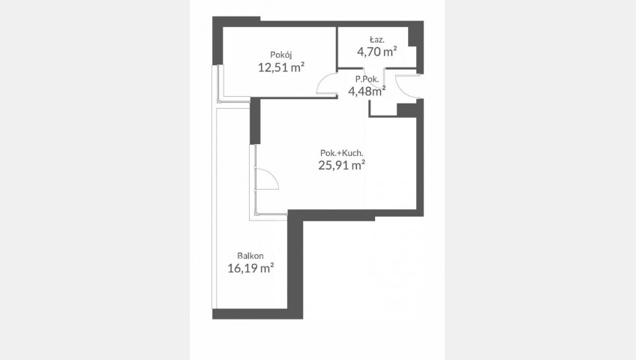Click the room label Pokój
point(281,55)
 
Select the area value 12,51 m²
point(281,67)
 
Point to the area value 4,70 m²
point(376,52)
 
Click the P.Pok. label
point(367,79)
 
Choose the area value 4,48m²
point(367,91)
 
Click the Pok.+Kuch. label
point(341,153)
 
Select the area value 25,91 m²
point(341,165)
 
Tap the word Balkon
point(250,256)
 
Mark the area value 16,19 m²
point(250,268)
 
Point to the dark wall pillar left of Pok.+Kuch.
point(255,121)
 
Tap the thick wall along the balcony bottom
point(257,313)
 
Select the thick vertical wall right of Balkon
point(295,264)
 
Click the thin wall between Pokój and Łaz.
point(337,47)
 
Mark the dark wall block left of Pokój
point(217,40)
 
